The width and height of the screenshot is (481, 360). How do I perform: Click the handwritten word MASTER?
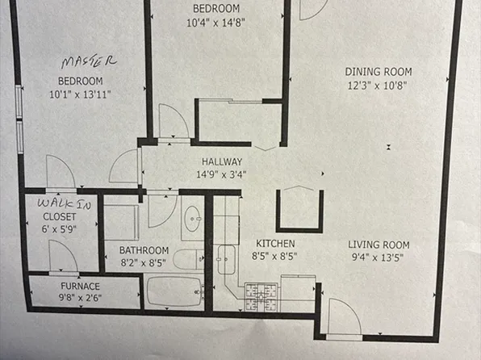pyautogui.click(x=90, y=61)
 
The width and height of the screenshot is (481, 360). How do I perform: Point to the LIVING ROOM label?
pyautogui.click(x=379, y=245)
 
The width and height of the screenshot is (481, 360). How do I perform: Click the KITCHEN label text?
pyautogui.click(x=275, y=243)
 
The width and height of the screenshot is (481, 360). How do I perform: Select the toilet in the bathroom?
pyautogui.click(x=189, y=259)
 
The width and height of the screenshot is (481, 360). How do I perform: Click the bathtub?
pyautogui.click(x=174, y=291)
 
